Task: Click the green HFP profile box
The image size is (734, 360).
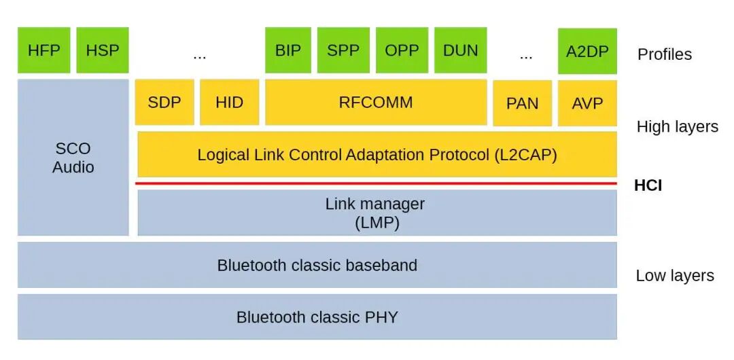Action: tap(44, 50)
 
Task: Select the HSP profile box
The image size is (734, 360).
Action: tap(103, 50)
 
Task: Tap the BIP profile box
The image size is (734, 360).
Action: tap(288, 50)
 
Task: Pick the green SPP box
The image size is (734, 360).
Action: tap(343, 50)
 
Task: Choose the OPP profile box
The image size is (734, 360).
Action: tap(402, 50)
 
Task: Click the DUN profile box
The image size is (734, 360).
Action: tap(460, 50)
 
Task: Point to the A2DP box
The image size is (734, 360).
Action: tap(587, 51)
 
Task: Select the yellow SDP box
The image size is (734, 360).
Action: tap(164, 103)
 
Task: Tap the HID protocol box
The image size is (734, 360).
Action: tap(229, 103)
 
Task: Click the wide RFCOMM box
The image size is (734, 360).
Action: tap(376, 103)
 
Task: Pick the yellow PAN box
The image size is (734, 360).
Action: tap(522, 103)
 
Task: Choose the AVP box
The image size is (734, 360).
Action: tap(587, 103)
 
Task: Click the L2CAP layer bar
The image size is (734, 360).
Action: tap(377, 154)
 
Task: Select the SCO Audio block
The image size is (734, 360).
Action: tap(73, 158)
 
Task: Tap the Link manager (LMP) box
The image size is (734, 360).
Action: tap(377, 213)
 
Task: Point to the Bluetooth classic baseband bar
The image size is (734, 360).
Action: tap(317, 265)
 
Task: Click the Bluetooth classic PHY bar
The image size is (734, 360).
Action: tap(317, 317)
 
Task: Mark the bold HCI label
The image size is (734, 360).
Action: tap(648, 185)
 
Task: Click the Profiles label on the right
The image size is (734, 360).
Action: tap(664, 54)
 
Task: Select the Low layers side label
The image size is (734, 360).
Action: tap(674, 276)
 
